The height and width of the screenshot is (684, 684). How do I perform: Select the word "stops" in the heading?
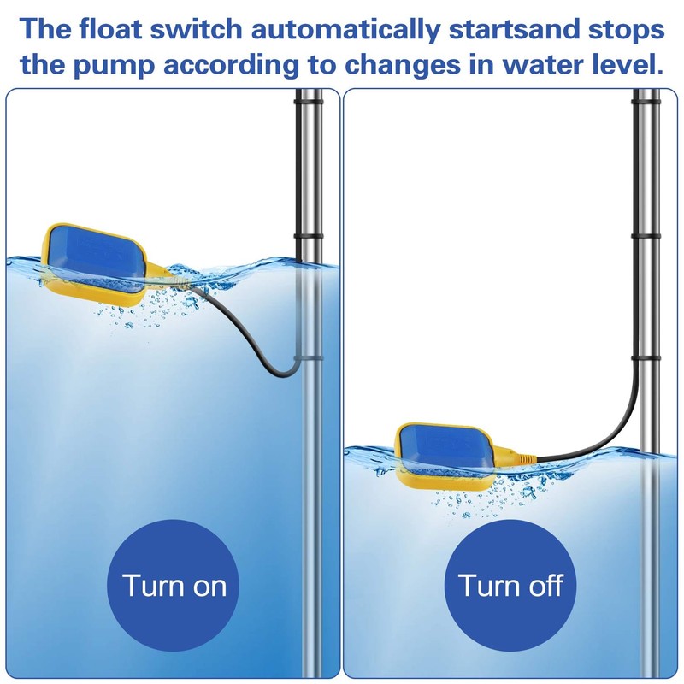click(x=622, y=30)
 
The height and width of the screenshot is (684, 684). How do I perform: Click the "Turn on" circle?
click(x=174, y=586)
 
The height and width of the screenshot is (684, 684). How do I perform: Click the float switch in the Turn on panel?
click(x=94, y=262)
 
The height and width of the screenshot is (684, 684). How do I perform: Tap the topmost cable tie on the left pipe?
click(x=308, y=102)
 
